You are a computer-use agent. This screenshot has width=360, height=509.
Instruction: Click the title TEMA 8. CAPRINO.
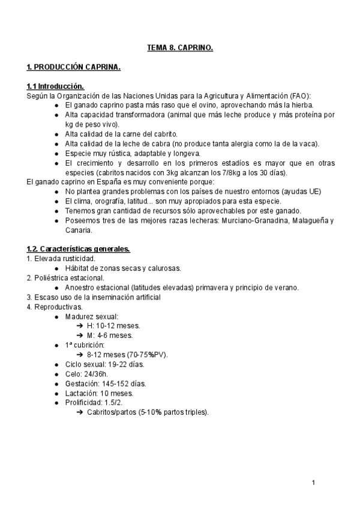(180, 46)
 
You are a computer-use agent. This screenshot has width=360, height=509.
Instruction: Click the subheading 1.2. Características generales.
(78, 248)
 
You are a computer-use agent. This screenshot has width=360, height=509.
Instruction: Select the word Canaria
(79, 229)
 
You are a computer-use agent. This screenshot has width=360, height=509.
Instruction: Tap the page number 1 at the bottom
(313, 482)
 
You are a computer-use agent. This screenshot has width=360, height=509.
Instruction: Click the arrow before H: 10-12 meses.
(80, 325)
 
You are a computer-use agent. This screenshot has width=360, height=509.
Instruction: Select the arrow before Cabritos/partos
(80, 412)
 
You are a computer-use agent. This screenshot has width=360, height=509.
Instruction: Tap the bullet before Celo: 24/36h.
(56, 373)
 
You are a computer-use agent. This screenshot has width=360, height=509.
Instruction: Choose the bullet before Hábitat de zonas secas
(56, 268)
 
